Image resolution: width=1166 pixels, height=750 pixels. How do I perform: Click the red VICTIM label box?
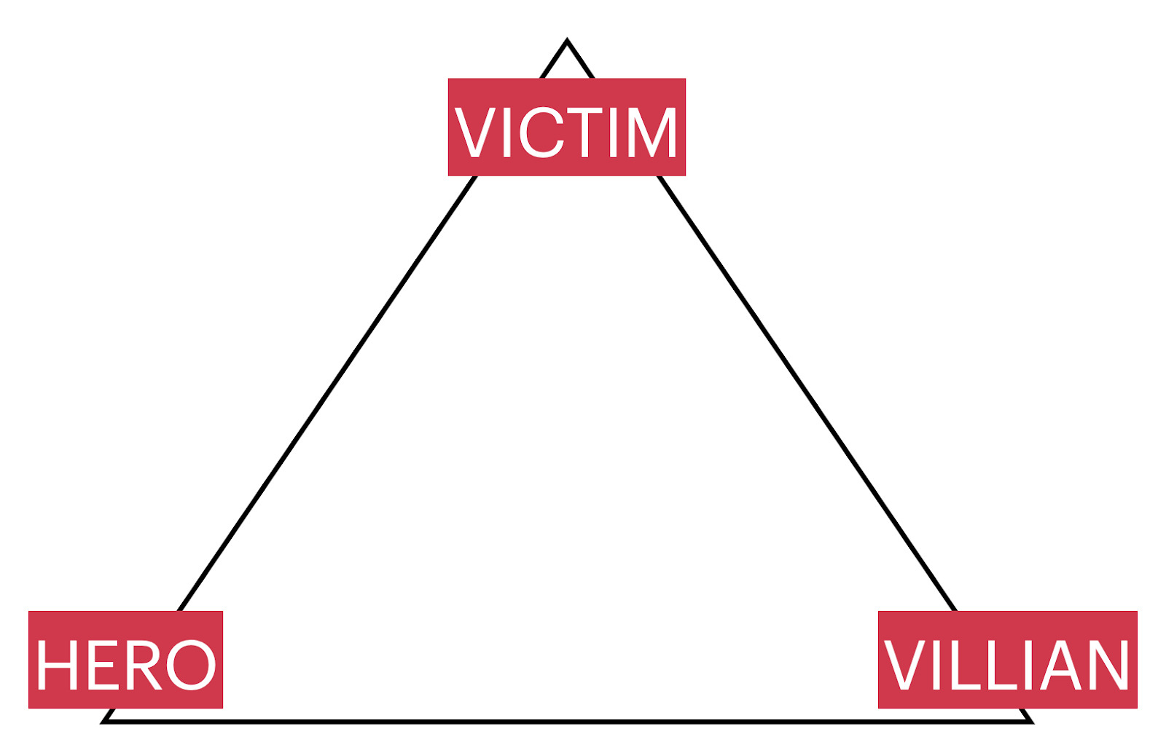566,127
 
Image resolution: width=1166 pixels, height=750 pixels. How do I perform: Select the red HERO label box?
125,659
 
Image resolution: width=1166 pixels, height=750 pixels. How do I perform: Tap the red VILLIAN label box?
1007,659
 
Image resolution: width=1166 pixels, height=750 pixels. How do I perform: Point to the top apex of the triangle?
567,42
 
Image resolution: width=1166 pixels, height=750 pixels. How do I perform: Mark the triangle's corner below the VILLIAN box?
1030,721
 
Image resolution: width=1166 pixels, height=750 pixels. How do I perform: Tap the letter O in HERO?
190,665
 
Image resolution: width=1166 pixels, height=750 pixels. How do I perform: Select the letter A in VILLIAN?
1061,665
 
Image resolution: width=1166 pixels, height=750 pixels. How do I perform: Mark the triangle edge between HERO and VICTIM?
328,393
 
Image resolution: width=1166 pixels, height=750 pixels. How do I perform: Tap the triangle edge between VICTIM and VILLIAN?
805,393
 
